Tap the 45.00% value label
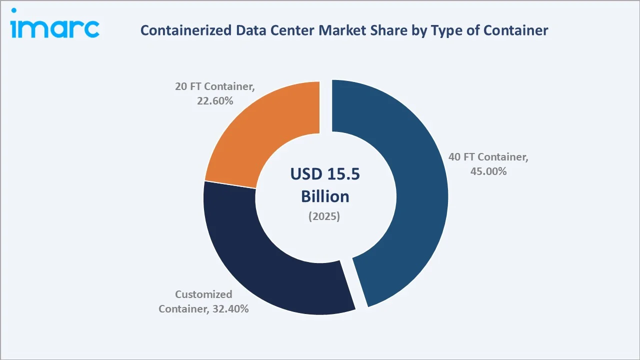[488, 171]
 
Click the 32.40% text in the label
[229, 309]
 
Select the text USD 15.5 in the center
[325, 174]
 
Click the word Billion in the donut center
[325, 196]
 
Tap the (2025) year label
[325, 217]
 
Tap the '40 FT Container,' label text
[488, 157]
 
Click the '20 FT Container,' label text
[214, 86]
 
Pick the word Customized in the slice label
[203, 294]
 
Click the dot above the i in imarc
[14, 10]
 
